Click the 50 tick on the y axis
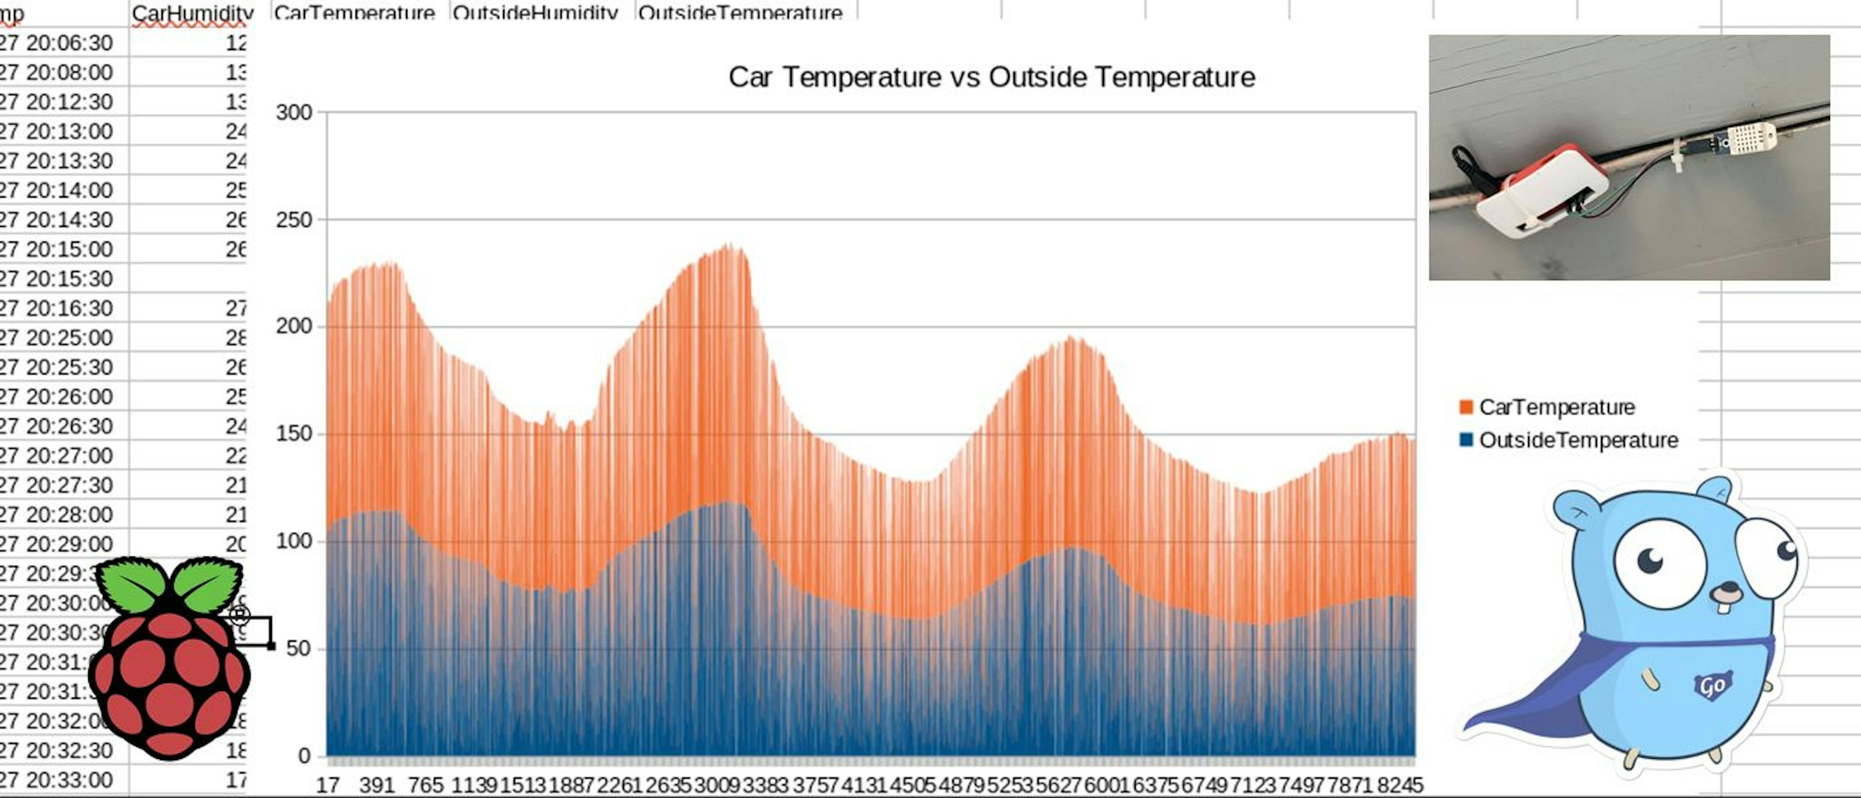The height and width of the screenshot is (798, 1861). click(x=299, y=648)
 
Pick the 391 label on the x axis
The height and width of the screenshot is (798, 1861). click(x=377, y=785)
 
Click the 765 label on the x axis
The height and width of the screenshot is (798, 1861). click(x=425, y=785)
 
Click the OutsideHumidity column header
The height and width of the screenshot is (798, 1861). click(x=535, y=13)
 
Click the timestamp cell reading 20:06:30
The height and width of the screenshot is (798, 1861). click(x=58, y=43)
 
